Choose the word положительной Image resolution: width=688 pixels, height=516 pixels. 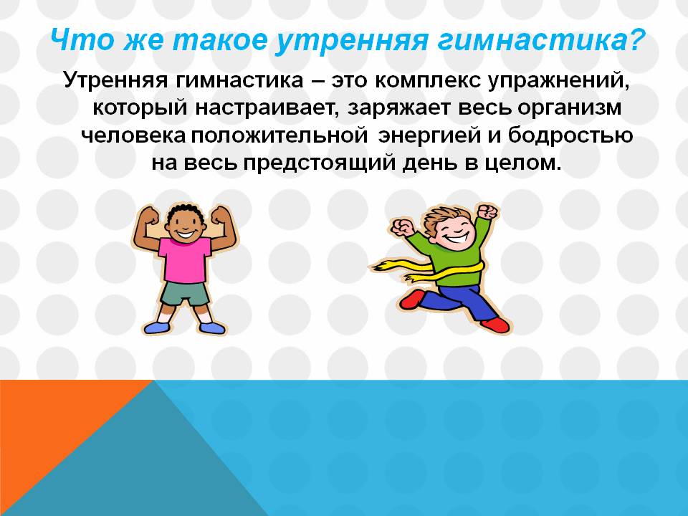click(279, 135)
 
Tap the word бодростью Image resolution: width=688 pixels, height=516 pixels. click(570, 135)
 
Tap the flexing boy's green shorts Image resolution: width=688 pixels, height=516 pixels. click(185, 294)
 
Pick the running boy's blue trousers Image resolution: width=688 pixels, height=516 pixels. click(457, 302)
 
